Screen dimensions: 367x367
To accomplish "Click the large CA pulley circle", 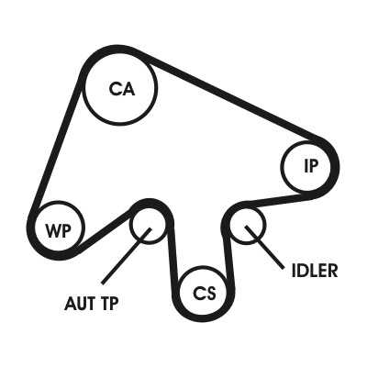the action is pos(84,89).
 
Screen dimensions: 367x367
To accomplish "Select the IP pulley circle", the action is pos(282,167).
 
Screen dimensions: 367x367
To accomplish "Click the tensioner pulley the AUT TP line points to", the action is pos(130,226).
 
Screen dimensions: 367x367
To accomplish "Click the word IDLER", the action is pos(315,271).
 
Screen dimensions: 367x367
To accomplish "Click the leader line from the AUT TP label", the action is pos(126,256).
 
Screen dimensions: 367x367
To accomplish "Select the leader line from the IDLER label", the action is pos(264,247).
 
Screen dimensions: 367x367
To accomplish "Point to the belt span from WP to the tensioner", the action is pos(105,228).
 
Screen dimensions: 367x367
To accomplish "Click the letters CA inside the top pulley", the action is pos(122,89).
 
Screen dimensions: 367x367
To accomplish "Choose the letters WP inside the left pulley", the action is pos(59,230).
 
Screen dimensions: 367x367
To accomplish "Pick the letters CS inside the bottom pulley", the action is pos(204,293).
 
